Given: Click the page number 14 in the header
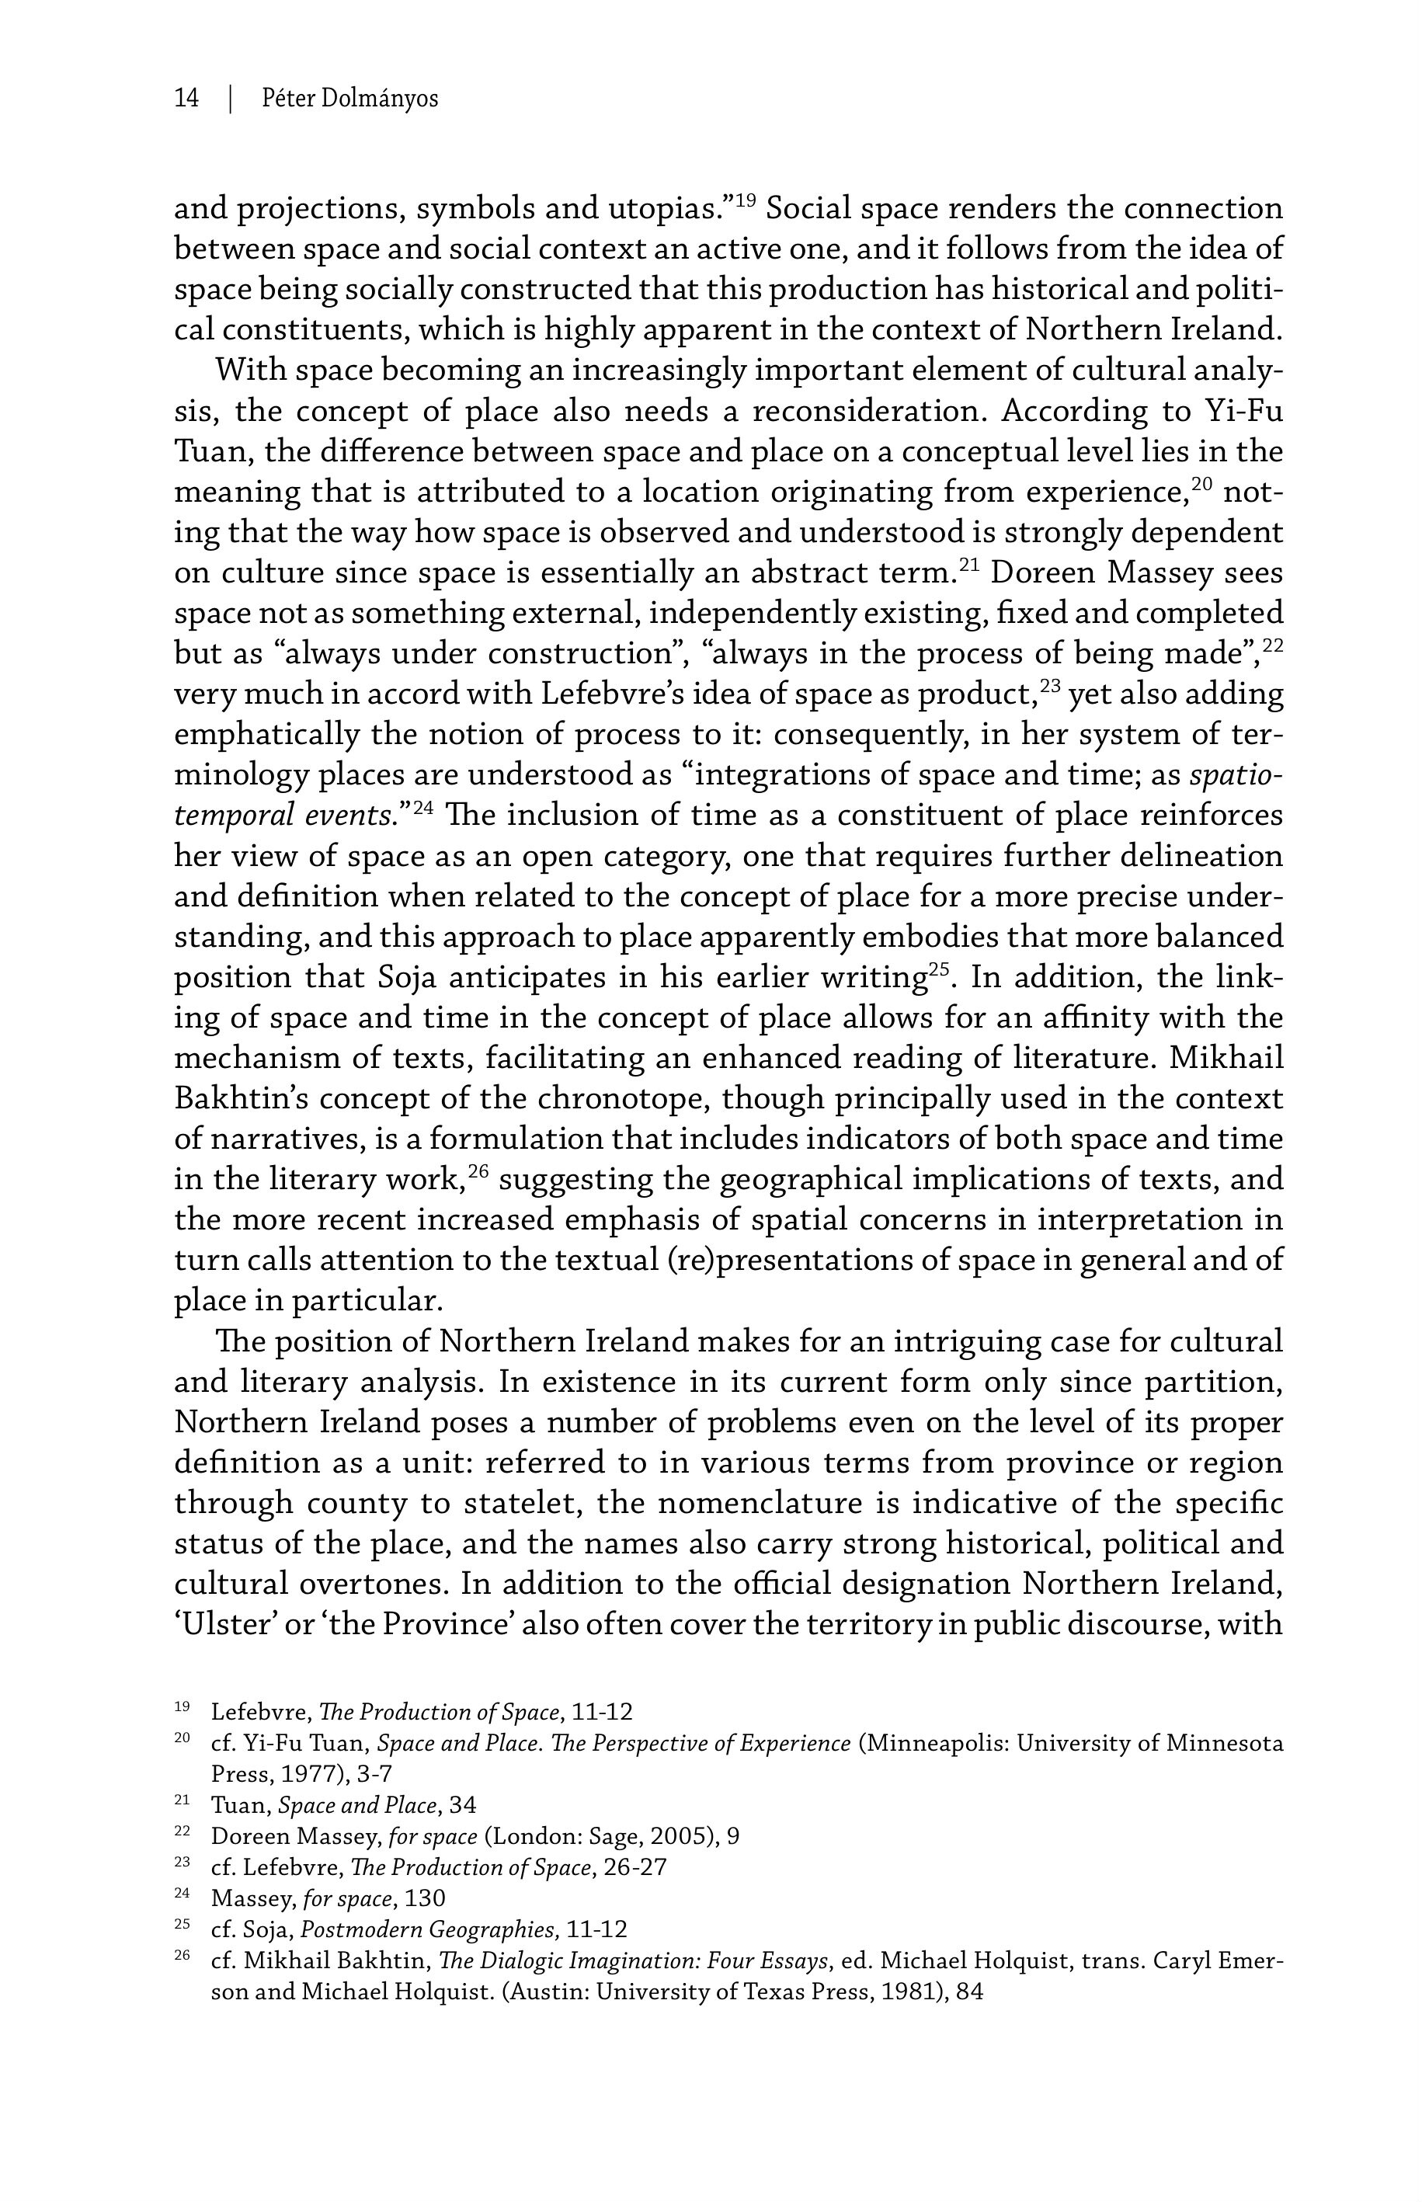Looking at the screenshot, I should coord(186,98).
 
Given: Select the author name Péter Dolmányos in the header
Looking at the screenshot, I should coord(350,98).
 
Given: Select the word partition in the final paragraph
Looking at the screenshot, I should coord(1212,1382).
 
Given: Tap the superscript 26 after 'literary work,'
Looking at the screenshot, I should coord(478,1171).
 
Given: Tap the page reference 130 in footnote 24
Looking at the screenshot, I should coord(425,1898).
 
